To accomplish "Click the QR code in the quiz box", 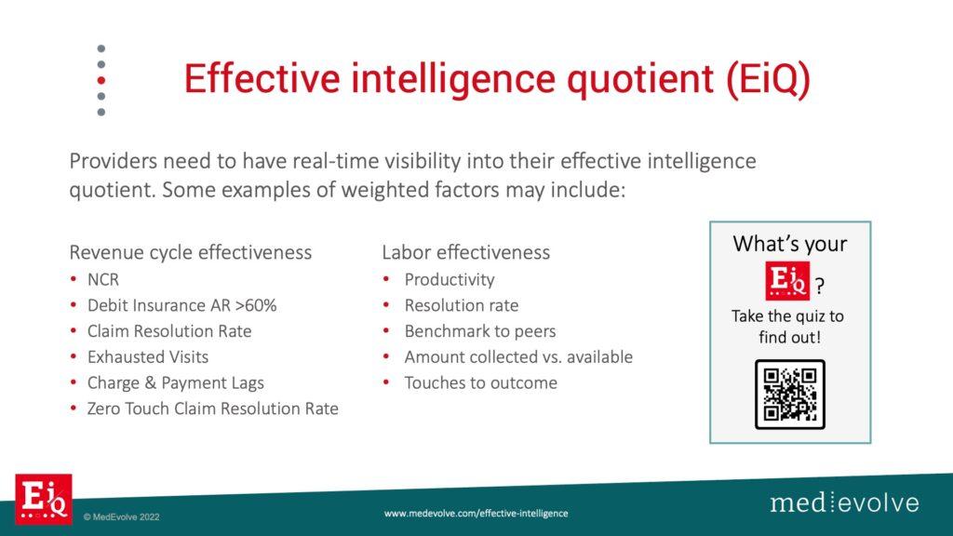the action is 789,395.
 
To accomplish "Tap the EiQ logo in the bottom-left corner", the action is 44,499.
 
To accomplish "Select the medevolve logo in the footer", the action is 844,502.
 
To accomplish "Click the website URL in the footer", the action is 476,514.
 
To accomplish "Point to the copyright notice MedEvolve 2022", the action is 122,517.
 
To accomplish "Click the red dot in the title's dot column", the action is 101,80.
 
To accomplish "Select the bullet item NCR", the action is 103,279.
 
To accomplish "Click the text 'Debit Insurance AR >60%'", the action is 181,305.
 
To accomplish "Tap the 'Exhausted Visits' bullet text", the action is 148,356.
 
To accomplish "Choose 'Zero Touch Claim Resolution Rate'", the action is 213,409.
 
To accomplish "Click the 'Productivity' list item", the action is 450,279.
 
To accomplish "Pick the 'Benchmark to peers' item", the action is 480,331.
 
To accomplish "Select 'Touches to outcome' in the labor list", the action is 481,382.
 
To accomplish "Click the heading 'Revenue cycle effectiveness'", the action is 190,252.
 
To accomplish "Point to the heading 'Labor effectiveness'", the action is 465,252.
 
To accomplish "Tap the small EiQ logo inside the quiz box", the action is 787,281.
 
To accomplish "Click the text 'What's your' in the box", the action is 789,244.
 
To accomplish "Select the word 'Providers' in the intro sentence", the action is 113,161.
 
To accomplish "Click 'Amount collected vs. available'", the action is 518,356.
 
